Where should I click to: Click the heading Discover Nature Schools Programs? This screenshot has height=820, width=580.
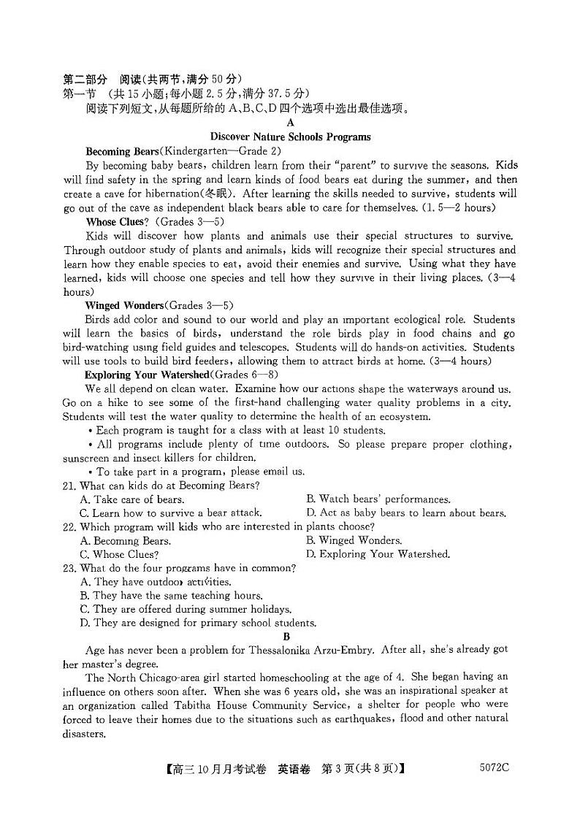[290, 137]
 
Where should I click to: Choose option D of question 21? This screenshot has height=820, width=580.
[405, 513]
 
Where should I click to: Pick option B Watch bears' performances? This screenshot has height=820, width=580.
[378, 499]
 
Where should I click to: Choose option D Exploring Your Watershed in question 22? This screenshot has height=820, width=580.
[378, 554]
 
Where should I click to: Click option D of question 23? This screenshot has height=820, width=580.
[197, 623]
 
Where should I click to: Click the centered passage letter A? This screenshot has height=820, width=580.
[291, 123]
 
